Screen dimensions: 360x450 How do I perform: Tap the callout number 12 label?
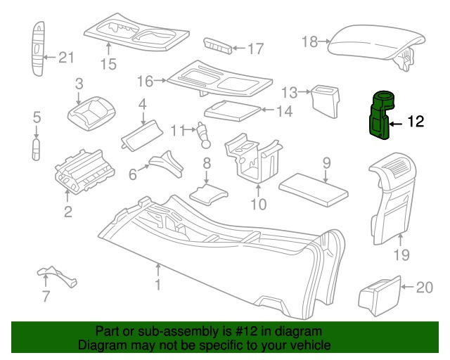pyautogui.click(x=416, y=122)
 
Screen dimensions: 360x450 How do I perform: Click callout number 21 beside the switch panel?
pyautogui.click(x=65, y=58)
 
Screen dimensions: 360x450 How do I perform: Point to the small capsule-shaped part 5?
pyautogui.click(x=37, y=149)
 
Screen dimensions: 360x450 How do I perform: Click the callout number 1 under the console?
pyautogui.click(x=158, y=285)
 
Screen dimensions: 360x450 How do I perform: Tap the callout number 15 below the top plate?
pyautogui.click(x=108, y=65)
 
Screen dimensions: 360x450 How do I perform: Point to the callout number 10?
pyautogui.click(x=258, y=205)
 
